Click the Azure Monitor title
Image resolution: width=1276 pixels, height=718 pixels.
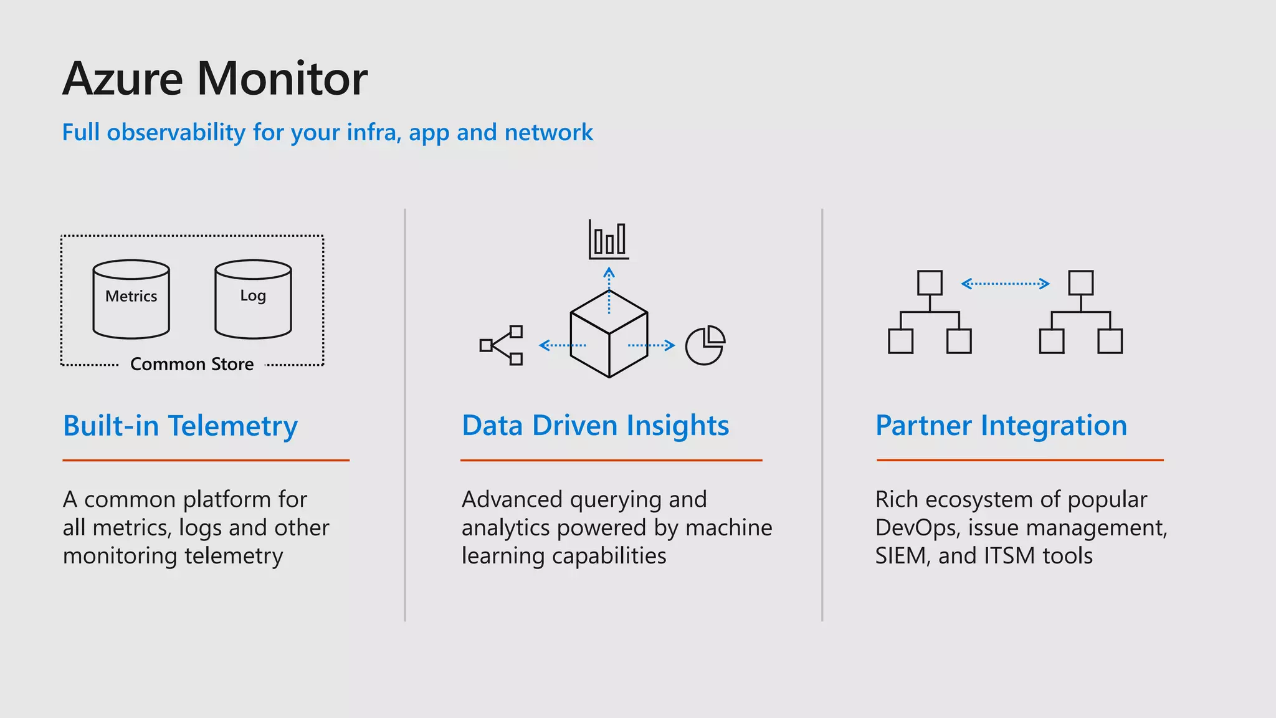click(x=215, y=79)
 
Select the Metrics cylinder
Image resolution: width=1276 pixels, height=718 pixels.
click(x=131, y=300)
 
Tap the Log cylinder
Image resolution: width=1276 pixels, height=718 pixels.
click(x=253, y=300)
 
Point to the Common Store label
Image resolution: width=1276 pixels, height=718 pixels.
click(x=192, y=364)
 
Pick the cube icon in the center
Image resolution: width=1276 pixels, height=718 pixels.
click(x=609, y=334)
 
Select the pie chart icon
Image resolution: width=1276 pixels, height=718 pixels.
click(x=705, y=345)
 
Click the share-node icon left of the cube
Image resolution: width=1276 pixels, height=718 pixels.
click(x=502, y=345)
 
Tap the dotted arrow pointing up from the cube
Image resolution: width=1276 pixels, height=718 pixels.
click(x=609, y=290)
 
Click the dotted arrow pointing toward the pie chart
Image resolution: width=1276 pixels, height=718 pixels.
click(x=651, y=345)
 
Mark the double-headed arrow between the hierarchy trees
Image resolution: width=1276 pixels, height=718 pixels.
click(x=1005, y=284)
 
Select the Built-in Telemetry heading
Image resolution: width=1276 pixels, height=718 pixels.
click(x=180, y=426)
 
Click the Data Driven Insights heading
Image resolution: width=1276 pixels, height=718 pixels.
click(x=595, y=426)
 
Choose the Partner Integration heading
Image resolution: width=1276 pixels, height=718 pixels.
click(x=1001, y=426)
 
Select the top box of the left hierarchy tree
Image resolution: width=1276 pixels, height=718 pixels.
click(x=930, y=283)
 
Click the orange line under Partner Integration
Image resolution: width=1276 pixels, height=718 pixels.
click(x=1020, y=460)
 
